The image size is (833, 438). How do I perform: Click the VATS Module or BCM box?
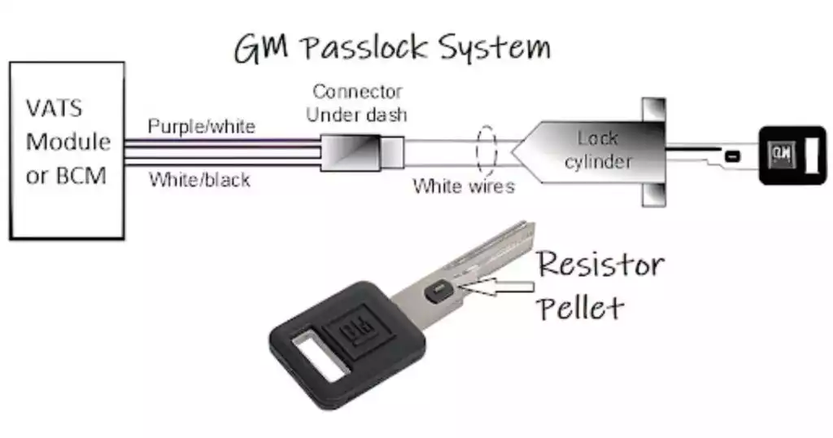coord(67,151)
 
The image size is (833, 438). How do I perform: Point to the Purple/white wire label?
coord(201,127)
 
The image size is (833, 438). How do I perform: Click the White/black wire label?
coord(199,181)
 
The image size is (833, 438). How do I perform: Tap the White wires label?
coord(464,186)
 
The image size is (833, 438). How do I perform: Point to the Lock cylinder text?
coord(597,150)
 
